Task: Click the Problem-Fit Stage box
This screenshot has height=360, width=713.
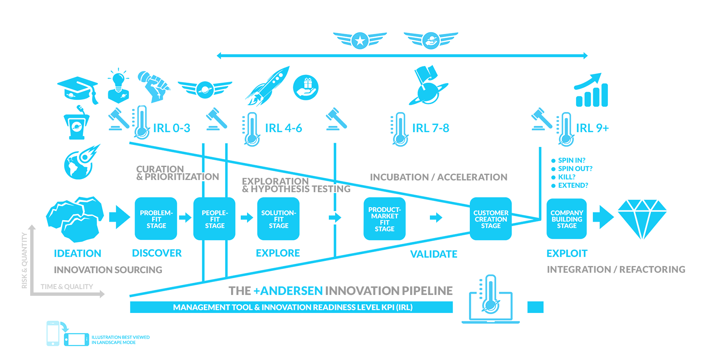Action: point(156,219)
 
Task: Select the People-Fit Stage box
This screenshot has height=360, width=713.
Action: point(214,219)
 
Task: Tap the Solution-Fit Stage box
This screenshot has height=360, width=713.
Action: point(278,219)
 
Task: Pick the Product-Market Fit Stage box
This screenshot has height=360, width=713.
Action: point(384,219)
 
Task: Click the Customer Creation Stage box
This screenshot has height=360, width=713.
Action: point(490,219)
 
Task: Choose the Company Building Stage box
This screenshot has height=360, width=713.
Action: point(567,219)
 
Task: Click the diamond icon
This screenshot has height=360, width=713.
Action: point(642,218)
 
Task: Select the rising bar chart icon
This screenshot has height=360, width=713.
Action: point(591,91)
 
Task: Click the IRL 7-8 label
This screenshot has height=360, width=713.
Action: point(430,128)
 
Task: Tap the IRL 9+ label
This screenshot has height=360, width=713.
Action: point(592,128)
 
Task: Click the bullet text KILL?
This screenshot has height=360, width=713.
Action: point(566,177)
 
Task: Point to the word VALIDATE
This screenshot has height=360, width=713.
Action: point(433,254)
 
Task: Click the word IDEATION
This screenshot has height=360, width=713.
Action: point(78,253)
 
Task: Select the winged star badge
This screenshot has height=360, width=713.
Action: point(360,40)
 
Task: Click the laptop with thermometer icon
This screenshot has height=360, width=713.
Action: point(490,300)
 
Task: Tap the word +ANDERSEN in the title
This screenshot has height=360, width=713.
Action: point(288,291)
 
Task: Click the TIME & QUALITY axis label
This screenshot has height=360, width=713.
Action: point(67,287)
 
